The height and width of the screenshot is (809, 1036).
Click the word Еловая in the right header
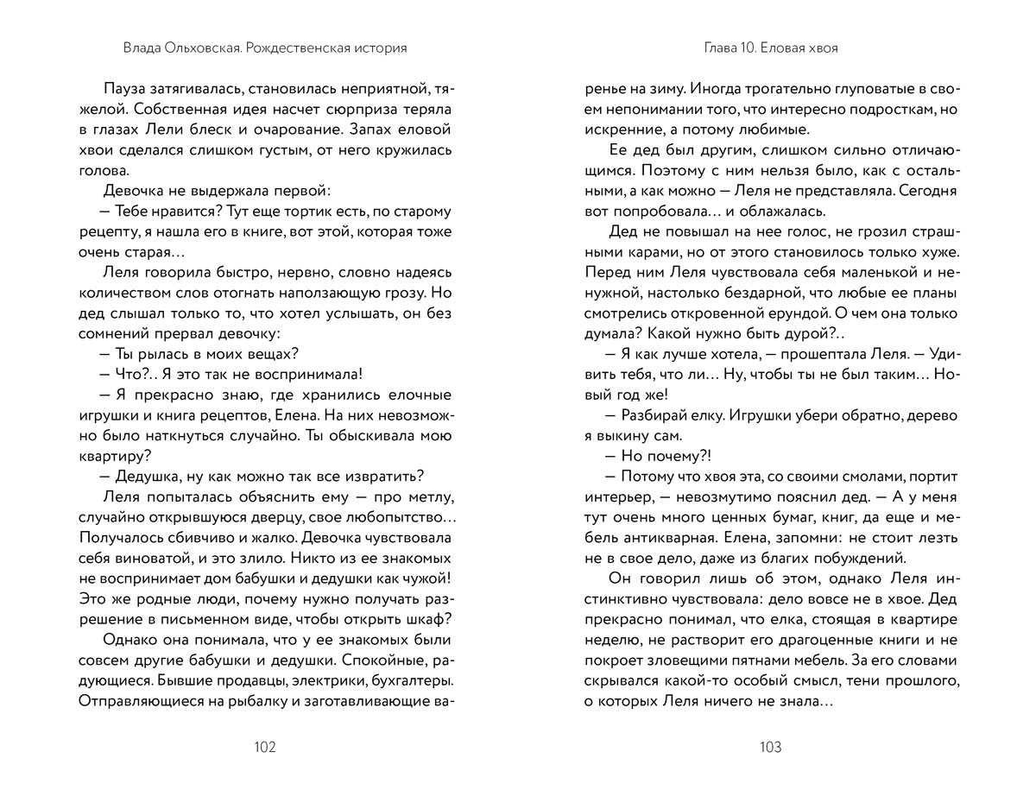[779, 48]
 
